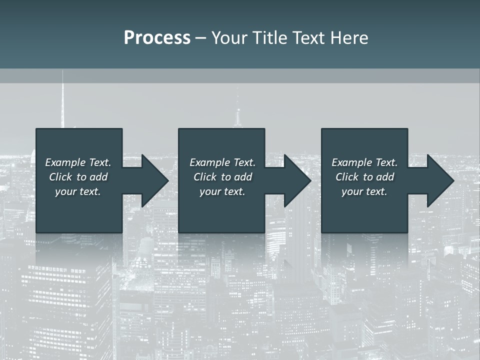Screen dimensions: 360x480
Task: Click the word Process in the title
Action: tap(157, 38)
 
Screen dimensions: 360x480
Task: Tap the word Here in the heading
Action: tap(349, 38)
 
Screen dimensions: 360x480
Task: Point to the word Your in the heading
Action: tap(229, 38)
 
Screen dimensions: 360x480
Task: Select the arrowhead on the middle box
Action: tap(296, 180)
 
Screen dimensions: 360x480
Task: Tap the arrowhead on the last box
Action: tap(439, 180)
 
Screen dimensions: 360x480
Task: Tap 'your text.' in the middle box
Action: tap(222, 191)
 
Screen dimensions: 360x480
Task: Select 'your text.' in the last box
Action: tap(364, 191)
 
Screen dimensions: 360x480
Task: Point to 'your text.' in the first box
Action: tap(77, 191)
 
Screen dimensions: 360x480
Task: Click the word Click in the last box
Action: tap(347, 177)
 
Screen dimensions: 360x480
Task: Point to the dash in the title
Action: tap(200, 38)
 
